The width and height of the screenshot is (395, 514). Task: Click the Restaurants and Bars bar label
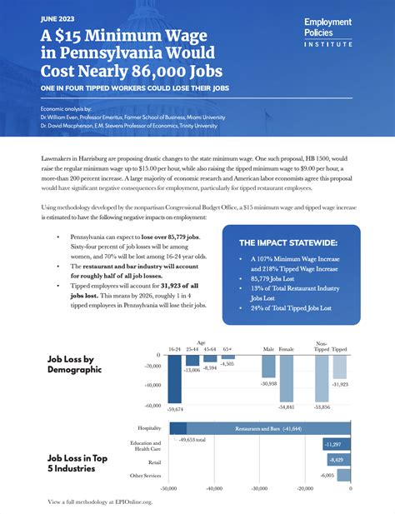click(x=267, y=428)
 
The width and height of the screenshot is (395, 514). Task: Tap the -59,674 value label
click(x=174, y=410)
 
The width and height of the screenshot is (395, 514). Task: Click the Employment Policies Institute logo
click(x=327, y=32)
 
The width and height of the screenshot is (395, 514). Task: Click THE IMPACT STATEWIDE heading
click(x=287, y=242)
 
